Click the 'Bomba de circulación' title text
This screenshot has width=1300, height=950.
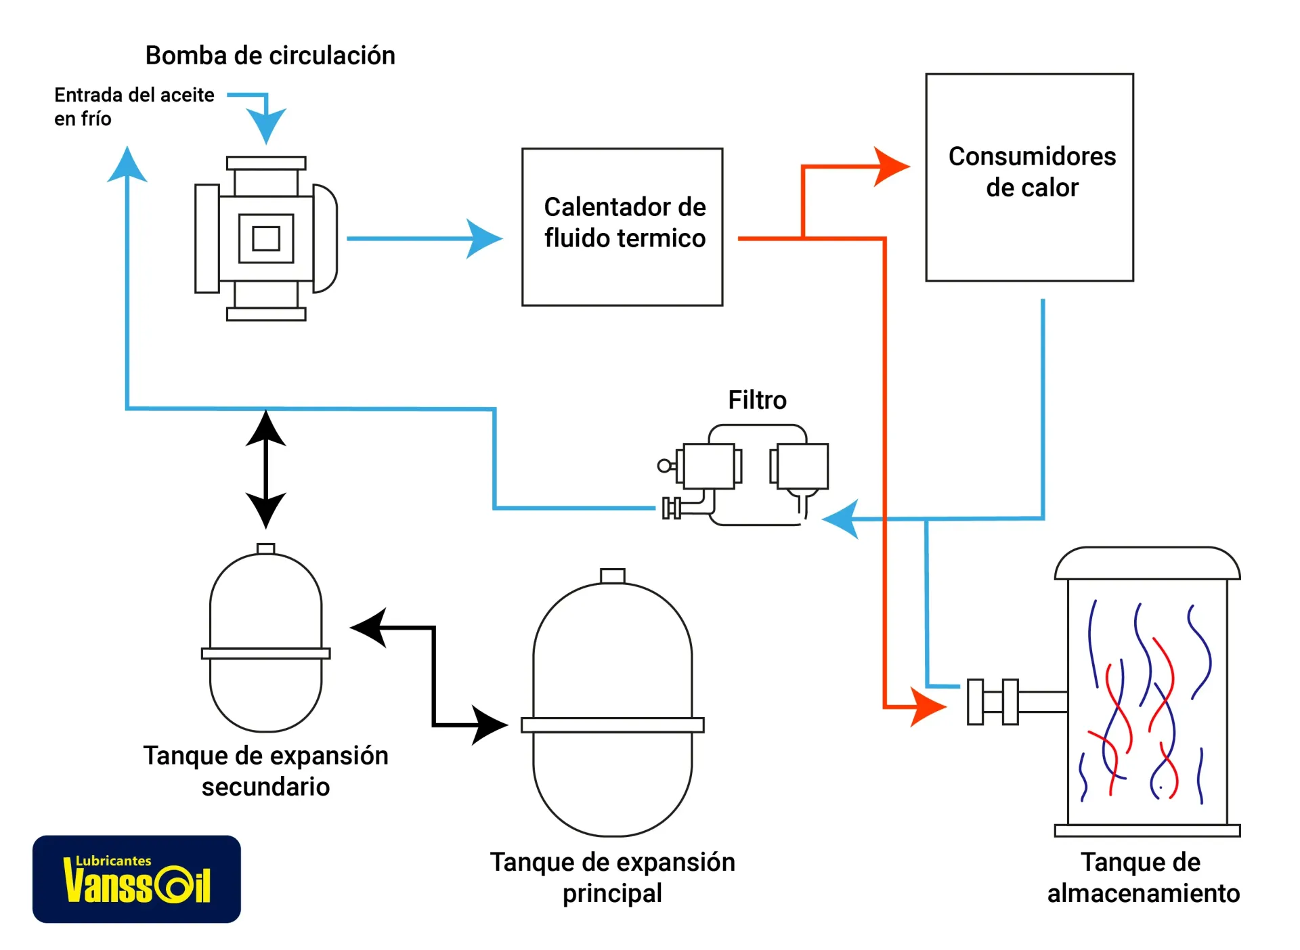tap(270, 56)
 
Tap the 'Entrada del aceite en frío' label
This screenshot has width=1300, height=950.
tap(133, 106)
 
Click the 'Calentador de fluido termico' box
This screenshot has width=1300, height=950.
tap(622, 227)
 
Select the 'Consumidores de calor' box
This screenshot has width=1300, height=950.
tap(1028, 177)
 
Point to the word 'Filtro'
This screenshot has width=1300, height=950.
tap(756, 400)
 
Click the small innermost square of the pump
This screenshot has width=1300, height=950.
tap(266, 238)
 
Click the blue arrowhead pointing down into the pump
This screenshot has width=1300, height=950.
tap(266, 125)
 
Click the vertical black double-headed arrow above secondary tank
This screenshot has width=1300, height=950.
tap(265, 469)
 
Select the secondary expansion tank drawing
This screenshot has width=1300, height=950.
tap(265, 640)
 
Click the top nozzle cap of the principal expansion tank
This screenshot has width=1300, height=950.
tap(612, 576)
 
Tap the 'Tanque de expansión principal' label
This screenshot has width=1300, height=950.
tap(612, 877)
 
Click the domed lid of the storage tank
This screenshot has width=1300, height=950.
tap(1146, 564)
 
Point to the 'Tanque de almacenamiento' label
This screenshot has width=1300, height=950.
tap(1143, 877)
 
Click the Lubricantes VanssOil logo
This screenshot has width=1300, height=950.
tap(137, 878)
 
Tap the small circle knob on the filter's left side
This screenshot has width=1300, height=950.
tap(664, 465)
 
